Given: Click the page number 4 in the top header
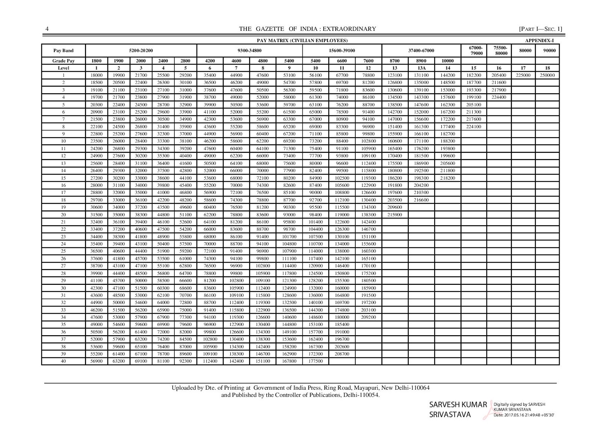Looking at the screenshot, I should [x=47, y=29].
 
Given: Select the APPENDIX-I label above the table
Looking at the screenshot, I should [x=539, y=41].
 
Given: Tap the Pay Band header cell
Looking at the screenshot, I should [x=63, y=50].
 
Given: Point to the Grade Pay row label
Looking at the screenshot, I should [x=63, y=61].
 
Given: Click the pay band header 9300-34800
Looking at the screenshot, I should [x=249, y=50].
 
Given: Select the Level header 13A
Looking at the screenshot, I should [x=421, y=68].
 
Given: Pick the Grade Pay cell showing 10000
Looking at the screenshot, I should [x=447, y=61].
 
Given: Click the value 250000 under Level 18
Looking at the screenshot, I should [x=547, y=75].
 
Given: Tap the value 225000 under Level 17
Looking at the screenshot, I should [x=523, y=75].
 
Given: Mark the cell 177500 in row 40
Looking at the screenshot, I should [x=315, y=361].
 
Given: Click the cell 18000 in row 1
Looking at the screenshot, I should [x=97, y=75].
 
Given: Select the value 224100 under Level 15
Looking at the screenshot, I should [x=473, y=127].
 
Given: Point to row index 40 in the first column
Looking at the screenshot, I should [x=63, y=361].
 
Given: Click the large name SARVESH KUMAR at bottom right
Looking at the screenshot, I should [x=458, y=405].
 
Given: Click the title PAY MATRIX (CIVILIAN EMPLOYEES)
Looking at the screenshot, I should [x=302, y=41].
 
